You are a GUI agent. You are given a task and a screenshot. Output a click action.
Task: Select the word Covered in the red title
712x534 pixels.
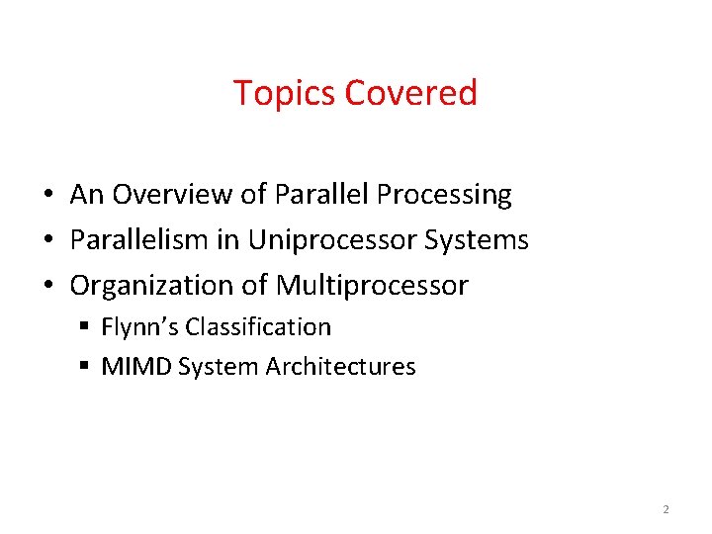point(410,93)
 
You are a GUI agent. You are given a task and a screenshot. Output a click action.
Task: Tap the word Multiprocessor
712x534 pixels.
point(372,286)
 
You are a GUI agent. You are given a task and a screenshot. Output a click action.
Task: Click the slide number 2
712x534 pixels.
point(666,509)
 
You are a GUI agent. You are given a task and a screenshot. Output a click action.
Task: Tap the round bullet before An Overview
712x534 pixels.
point(47,196)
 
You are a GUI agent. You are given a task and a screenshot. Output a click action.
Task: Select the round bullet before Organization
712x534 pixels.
point(47,287)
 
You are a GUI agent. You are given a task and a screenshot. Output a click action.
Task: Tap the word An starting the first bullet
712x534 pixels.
point(86,195)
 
